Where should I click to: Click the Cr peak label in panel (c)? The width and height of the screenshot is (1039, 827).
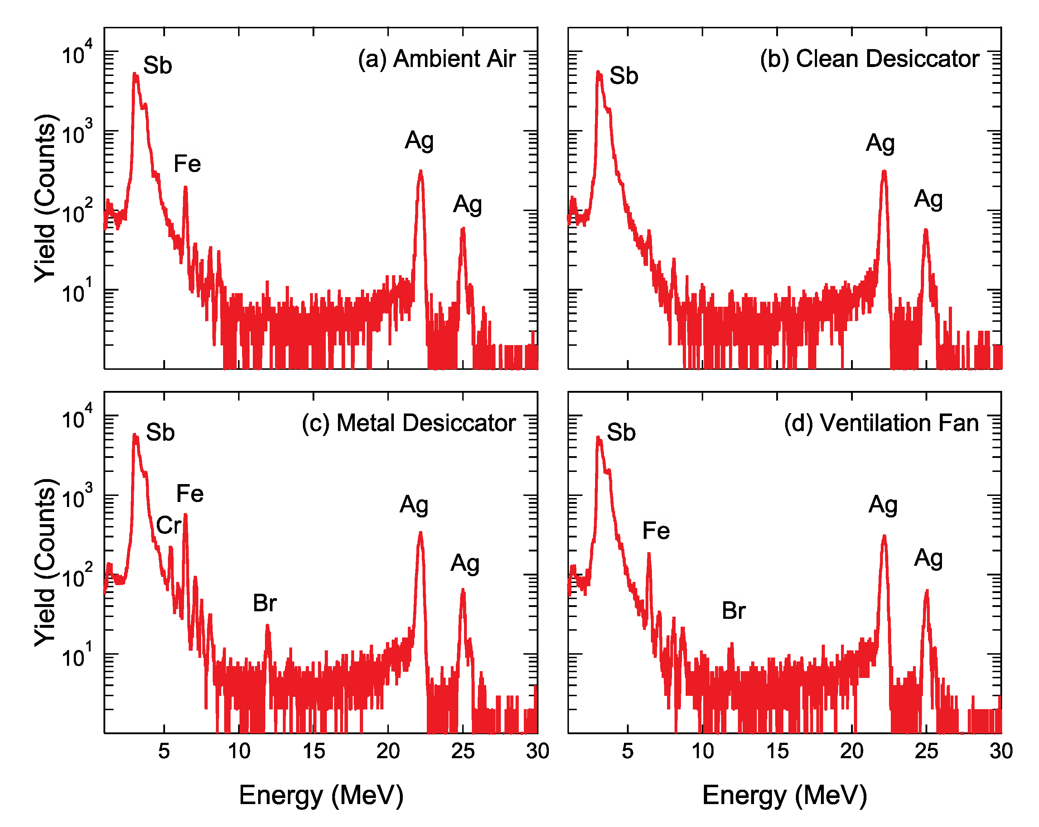point(169,525)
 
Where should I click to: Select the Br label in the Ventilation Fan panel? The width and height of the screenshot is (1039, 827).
point(734,611)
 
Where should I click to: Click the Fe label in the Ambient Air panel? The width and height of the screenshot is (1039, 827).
point(187,164)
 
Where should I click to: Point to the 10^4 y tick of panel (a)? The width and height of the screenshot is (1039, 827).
point(77,53)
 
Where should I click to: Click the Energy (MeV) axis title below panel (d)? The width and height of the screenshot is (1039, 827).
point(784,795)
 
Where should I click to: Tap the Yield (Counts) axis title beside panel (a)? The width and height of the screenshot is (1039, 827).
point(46,198)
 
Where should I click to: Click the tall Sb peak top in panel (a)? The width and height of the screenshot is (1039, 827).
point(135,75)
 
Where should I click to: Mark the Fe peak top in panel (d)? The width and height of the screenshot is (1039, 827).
point(649,555)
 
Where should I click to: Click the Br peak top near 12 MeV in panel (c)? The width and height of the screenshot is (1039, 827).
point(267,626)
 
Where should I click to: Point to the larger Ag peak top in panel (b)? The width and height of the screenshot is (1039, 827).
point(884,172)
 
